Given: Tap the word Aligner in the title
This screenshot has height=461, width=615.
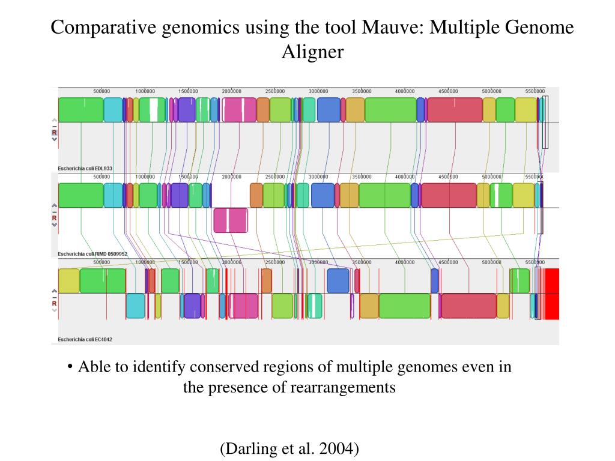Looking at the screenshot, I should coord(312,52).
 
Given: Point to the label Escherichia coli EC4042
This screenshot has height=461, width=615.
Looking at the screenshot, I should coord(85,340).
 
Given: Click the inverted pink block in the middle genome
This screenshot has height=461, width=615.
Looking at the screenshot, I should coord(231,220).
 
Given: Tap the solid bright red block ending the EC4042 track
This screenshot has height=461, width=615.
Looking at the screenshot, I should coord(551,294).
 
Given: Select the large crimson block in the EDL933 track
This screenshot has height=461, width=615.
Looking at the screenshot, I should coord(455,110).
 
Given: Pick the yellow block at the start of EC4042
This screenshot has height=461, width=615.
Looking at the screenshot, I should coord(68,281).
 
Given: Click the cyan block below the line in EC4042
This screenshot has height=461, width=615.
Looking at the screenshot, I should coord(135,306).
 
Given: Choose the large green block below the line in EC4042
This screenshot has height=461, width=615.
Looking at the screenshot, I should coord(404,306).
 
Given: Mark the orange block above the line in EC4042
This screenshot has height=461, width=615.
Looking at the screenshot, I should coord(266,281).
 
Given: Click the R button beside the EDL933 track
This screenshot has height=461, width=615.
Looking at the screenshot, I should coord(54,132).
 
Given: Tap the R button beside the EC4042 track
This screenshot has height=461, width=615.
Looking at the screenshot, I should coord(54,304).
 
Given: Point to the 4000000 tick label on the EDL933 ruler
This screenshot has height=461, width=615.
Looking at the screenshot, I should coord(405,91).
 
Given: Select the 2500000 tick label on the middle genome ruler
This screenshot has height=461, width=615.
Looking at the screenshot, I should coord(275,177).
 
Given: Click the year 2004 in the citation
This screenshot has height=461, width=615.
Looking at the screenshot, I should coord(339,448).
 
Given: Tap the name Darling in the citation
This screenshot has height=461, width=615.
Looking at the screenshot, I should coord(248,448).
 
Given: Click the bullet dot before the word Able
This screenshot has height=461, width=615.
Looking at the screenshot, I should coord(70,367).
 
